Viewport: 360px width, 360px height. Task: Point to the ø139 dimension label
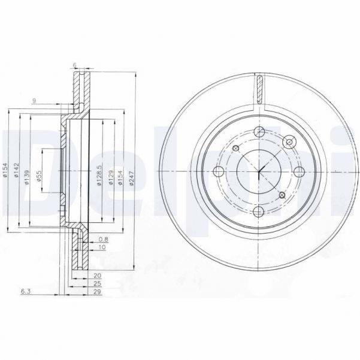28,178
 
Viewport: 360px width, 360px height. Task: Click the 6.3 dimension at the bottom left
26,292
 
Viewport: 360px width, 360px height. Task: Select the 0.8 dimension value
102,239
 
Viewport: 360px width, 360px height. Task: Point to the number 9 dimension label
35,101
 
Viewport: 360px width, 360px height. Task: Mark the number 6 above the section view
74,65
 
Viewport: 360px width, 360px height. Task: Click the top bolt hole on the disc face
259,132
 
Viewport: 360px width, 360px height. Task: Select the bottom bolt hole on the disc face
258,211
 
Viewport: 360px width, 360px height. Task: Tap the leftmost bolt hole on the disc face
219,172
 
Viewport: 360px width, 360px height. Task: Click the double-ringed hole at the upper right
290,141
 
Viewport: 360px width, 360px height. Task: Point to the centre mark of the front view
259,172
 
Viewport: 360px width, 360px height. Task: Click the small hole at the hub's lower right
282,195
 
